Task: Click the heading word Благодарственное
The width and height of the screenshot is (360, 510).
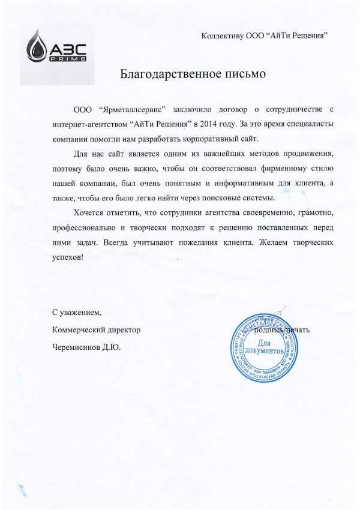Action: click(160, 75)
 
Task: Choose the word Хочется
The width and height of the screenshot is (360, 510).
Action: click(88, 213)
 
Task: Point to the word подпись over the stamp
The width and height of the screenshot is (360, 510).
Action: click(268, 330)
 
